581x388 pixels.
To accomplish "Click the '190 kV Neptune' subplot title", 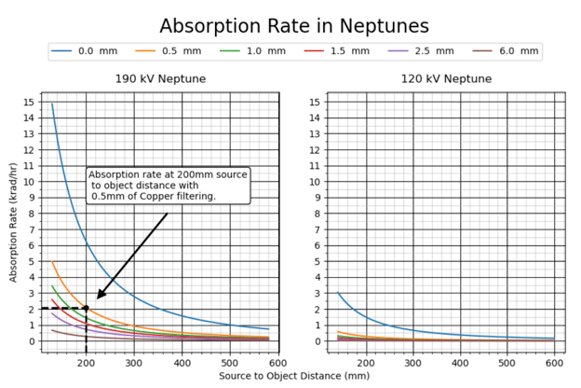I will (x=160, y=79).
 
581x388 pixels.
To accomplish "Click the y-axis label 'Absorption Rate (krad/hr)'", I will (x=13, y=222).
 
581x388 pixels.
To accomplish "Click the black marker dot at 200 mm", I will (x=86, y=308).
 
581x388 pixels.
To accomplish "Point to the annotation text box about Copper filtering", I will (x=168, y=185).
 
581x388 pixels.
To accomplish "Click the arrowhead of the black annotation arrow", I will (x=99, y=298).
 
